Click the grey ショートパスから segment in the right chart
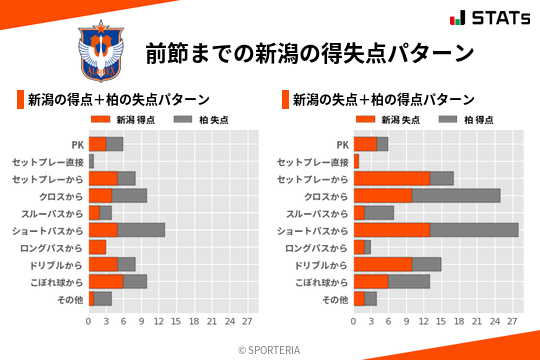pos(474,230)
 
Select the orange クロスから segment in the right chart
pos(383,195)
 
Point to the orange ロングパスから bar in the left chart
pos(97,247)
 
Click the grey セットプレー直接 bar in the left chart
pos(91,161)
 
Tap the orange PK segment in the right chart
pos(365,144)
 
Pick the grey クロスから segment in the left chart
pos(129,195)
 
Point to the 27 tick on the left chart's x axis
pos(246,321)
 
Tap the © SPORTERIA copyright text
pos(270,349)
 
